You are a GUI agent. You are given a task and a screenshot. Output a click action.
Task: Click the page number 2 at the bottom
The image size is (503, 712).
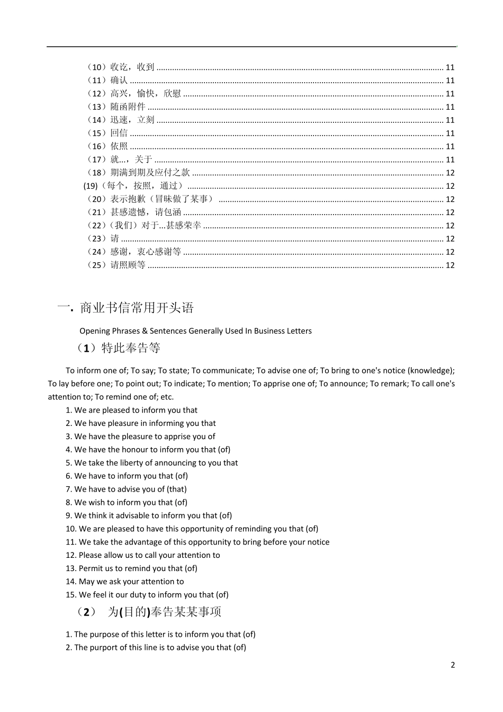click(x=452, y=665)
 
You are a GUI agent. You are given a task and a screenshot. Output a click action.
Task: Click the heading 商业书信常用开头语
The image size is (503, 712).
click(x=137, y=308)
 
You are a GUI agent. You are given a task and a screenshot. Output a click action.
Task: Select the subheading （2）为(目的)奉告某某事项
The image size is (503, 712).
click(x=148, y=612)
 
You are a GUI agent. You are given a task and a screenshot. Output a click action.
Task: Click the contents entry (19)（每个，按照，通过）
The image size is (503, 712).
click(x=134, y=186)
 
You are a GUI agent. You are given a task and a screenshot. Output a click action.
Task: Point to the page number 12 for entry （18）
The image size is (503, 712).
click(x=450, y=173)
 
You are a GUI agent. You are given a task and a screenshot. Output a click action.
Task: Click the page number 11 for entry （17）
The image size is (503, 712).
click(x=450, y=159)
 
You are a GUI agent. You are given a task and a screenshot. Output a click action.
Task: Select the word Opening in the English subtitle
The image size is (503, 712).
click(x=94, y=331)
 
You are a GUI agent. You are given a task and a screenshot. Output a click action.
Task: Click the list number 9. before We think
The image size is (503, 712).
click(x=69, y=515)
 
